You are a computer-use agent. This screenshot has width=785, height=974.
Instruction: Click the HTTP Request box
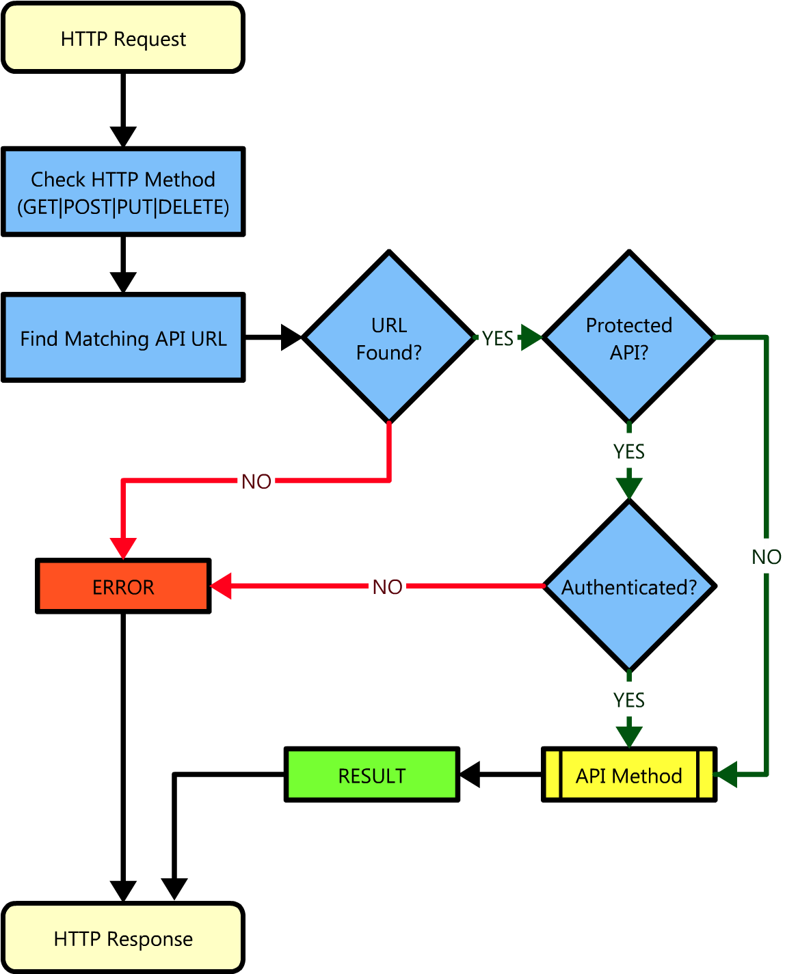[123, 38]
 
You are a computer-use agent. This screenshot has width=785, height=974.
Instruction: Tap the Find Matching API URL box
[123, 338]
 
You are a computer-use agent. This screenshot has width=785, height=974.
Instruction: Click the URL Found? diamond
[389, 338]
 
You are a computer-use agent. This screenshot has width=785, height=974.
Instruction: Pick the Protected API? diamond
[629, 338]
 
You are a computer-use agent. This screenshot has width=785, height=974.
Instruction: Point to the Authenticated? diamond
[629, 586]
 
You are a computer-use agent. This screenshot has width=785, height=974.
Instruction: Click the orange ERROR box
[123, 586]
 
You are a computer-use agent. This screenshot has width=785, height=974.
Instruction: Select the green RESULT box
[371, 775]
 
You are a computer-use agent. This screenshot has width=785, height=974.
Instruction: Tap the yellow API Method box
[629, 775]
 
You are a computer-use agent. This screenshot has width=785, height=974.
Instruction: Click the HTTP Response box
[123, 938]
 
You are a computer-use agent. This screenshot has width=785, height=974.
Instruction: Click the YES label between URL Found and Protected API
[497, 338]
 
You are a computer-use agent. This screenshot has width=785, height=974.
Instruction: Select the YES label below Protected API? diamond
[629, 451]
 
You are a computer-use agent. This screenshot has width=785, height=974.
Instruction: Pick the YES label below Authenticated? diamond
[629, 699]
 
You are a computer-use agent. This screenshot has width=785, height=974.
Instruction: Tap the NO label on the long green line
[766, 556]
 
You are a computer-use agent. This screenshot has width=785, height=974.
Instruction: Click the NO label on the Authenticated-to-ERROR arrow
[387, 586]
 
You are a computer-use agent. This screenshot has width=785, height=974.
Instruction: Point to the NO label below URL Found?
[256, 481]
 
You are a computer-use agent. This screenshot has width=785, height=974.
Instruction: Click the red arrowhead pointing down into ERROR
[123, 549]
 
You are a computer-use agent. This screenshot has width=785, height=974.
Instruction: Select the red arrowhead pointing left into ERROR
[221, 586]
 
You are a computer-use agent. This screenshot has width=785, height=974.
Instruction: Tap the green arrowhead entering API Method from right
[725, 774]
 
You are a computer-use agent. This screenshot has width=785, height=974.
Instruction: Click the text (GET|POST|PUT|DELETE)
[123, 207]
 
